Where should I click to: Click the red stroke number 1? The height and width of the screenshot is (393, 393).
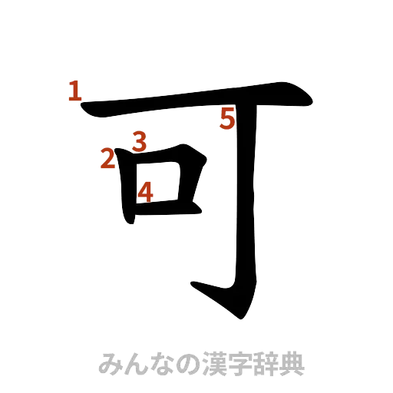74,92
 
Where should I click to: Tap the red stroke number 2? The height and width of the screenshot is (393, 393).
107,159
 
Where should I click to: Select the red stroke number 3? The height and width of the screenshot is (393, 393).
138,140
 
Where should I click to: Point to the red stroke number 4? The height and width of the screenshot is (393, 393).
145,190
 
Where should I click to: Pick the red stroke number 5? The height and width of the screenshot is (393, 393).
228,119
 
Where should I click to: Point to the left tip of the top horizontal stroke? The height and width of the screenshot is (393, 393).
85,108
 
